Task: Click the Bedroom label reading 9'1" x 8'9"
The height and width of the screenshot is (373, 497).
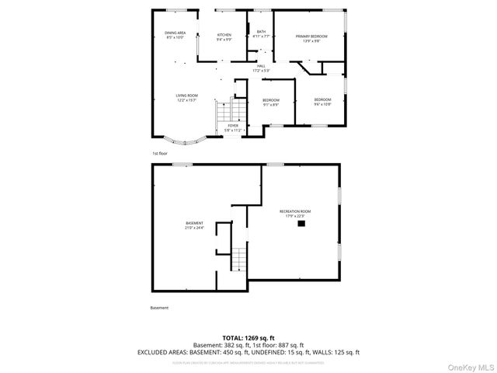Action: tap(270, 101)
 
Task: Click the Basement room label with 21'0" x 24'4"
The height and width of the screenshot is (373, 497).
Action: tap(194, 225)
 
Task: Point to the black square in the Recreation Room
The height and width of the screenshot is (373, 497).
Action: tap(302, 224)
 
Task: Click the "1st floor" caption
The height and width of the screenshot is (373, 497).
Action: tap(159, 154)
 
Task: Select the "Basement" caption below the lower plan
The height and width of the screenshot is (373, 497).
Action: tap(159, 308)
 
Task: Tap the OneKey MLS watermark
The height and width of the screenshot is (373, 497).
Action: tap(469, 365)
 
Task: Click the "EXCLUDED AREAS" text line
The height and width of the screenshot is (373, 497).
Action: tap(248, 352)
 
